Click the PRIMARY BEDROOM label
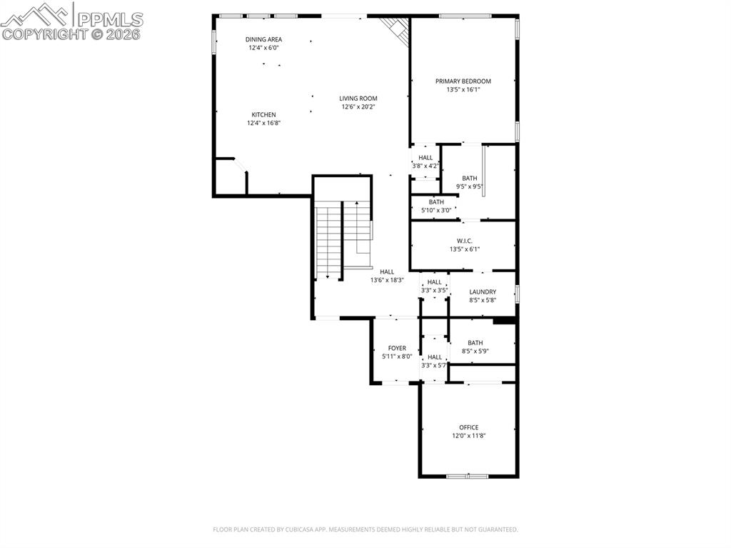[463, 81]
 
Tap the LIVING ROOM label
[358, 99]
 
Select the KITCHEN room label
[263, 115]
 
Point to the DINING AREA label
[263, 39]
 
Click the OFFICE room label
[469, 427]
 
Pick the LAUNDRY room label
[483, 292]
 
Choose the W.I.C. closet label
[465, 241]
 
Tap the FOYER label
[397, 348]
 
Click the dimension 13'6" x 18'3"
[387, 280]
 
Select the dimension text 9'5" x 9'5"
[469, 187]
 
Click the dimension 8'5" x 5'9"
[475, 351]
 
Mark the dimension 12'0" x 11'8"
[469, 436]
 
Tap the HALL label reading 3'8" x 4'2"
[425, 158]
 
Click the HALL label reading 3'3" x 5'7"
[434, 357]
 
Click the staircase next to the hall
[343, 236]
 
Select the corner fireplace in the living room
[395, 29]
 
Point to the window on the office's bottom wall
[468, 476]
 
